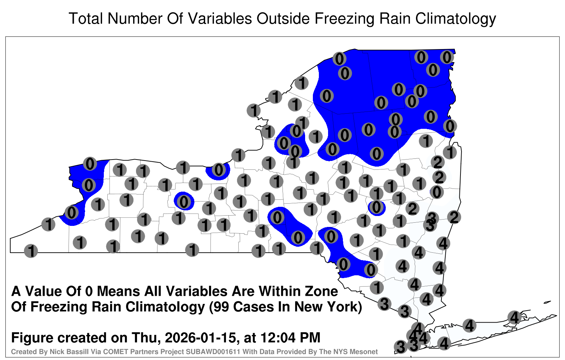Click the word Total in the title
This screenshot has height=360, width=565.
[86, 18]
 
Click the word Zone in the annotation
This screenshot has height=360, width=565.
[322, 292]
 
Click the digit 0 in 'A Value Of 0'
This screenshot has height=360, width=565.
[89, 292]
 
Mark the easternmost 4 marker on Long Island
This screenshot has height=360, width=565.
[514, 317]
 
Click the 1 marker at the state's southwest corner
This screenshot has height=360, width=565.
[31, 251]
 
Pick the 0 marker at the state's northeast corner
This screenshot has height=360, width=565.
[447, 57]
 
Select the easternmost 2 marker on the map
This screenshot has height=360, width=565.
[454, 217]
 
